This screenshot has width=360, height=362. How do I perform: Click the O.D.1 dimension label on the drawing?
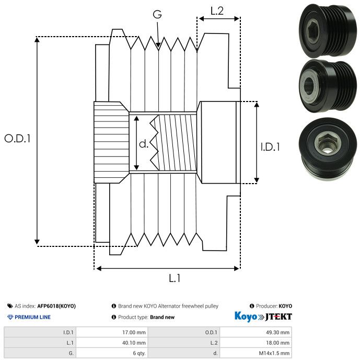(x=18, y=139)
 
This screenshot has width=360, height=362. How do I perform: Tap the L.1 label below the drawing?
(x=175, y=278)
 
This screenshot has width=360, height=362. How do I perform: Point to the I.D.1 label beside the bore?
(x=270, y=147)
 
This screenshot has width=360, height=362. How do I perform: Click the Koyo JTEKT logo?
(x=263, y=317)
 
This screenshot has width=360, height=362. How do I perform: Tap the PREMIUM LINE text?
(x=32, y=317)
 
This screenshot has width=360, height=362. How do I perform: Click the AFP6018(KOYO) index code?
(x=56, y=306)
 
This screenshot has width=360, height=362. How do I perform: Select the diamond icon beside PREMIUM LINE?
(x=10, y=317)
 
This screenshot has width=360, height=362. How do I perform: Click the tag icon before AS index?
(x=10, y=306)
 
